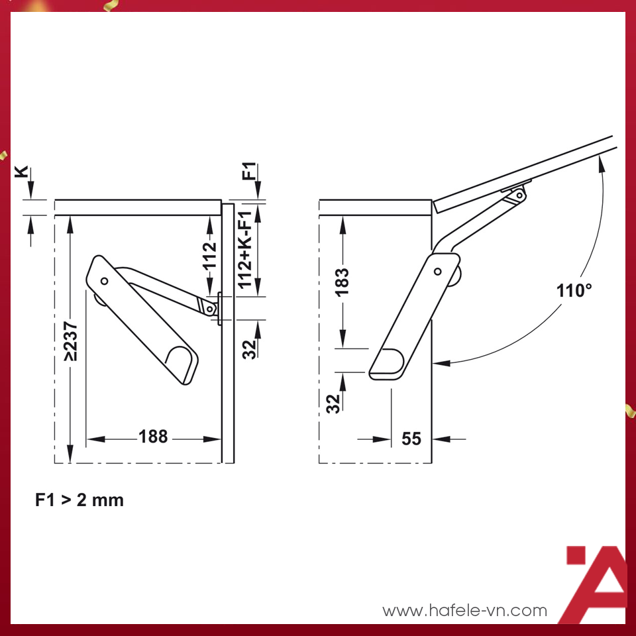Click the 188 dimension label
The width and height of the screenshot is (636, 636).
point(153,437)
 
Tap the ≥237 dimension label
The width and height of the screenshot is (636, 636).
point(72,342)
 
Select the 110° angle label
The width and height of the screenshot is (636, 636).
point(574,290)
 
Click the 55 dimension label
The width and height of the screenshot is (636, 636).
point(411,439)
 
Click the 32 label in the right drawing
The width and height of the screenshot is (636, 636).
point(334,402)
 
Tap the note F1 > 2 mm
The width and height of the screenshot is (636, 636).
point(79,500)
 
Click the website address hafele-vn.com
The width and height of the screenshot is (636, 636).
point(465,610)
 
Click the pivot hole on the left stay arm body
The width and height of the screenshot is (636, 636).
point(104,281)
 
